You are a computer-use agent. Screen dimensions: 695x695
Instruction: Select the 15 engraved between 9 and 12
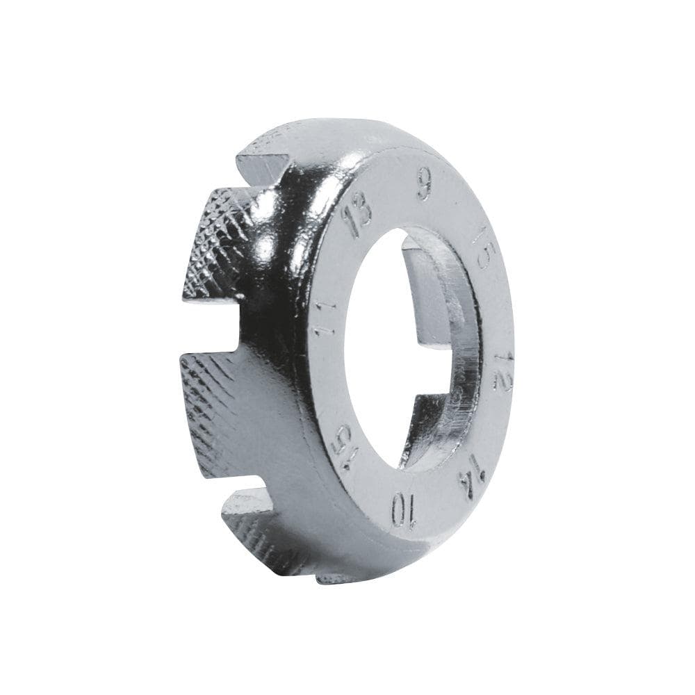[482, 248]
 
